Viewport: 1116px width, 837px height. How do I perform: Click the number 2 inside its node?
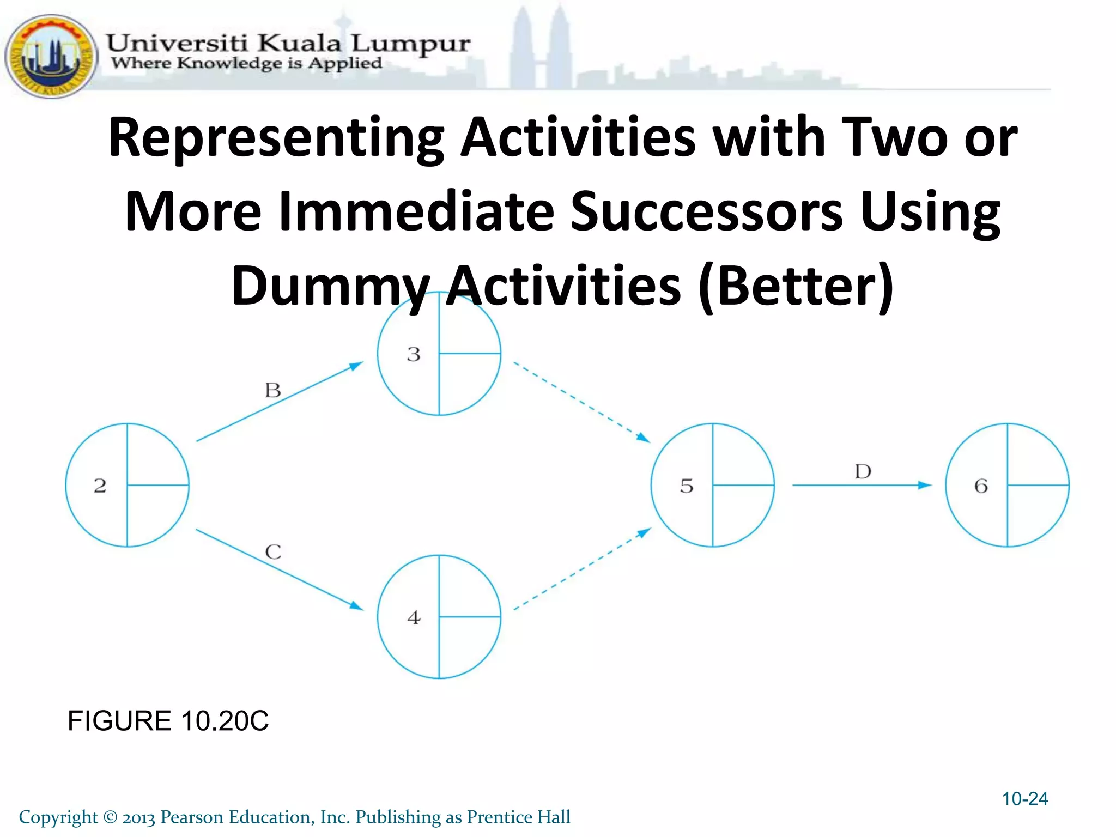tap(100, 486)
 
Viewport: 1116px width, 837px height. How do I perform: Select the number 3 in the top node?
tap(414, 354)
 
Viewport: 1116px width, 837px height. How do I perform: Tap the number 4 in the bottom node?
tap(414, 617)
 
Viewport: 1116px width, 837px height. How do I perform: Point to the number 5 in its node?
tap(687, 486)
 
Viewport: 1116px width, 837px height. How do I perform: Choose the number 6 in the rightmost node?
tap(981, 486)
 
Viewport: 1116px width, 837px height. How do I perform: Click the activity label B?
tap(273, 390)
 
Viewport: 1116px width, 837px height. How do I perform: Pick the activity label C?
tap(273, 552)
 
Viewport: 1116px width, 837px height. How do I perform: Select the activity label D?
tap(863, 471)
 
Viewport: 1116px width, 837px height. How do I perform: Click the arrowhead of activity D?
tap(924, 485)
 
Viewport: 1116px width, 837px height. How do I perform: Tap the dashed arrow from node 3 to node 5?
tap(581, 402)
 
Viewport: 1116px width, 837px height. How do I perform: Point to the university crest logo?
tap(51, 56)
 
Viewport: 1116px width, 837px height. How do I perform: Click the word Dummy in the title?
tap(330, 286)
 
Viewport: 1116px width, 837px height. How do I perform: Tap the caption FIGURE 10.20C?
tap(168, 721)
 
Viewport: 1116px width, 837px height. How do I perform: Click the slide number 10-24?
tap(1024, 799)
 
